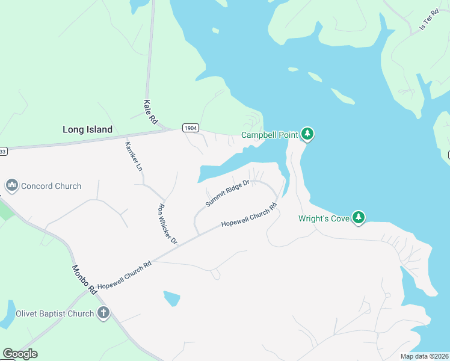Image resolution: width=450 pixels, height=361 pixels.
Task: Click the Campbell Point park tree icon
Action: click(x=307, y=133)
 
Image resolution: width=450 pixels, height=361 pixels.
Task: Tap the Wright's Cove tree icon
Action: click(x=359, y=217)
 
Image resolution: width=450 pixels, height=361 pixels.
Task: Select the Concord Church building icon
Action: click(x=11, y=185)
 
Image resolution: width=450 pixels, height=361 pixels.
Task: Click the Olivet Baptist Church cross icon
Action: click(x=103, y=312)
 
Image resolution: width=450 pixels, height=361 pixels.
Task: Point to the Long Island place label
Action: click(x=88, y=129)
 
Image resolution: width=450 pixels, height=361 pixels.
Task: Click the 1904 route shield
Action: click(x=190, y=128)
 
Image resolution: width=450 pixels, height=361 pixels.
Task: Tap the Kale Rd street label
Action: click(x=150, y=112)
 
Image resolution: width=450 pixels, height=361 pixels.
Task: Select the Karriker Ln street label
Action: click(x=133, y=156)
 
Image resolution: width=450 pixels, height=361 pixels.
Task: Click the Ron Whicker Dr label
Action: click(x=167, y=224)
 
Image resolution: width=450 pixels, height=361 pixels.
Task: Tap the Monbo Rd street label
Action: click(x=84, y=280)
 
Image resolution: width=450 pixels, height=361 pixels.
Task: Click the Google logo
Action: click(x=20, y=354)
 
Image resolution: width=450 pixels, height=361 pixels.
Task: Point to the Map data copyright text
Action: click(x=424, y=356)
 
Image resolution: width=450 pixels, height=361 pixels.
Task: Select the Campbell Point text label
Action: click(x=270, y=135)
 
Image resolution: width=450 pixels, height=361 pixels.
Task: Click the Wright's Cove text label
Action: click(x=324, y=218)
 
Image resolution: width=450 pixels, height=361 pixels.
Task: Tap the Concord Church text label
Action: click(x=51, y=186)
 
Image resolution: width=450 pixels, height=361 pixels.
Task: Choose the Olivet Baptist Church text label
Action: click(x=55, y=313)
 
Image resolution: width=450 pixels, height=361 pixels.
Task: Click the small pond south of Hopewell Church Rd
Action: click(x=171, y=298)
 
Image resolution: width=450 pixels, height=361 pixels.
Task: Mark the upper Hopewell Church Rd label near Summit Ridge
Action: click(x=248, y=214)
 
